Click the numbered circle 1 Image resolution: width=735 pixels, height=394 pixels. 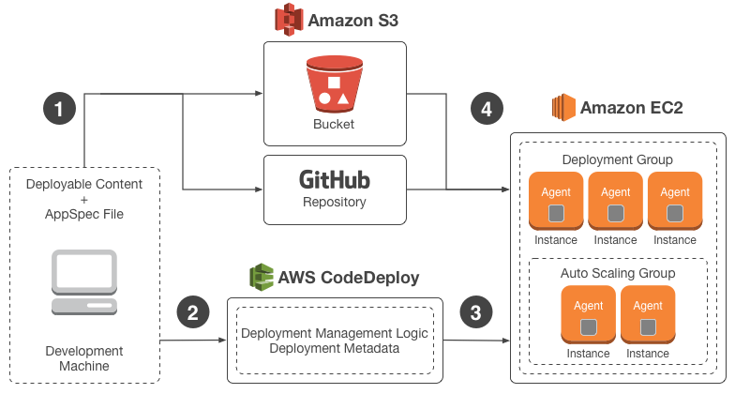59,109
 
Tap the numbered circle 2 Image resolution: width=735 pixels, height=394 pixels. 192,312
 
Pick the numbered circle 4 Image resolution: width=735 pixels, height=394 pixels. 486,109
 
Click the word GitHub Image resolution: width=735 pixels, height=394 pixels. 334,179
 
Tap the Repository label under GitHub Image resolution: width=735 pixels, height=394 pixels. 334,201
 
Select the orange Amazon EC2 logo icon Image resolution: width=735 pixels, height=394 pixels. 562,107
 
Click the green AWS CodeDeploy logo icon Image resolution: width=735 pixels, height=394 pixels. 262,278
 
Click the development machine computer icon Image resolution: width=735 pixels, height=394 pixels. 84,282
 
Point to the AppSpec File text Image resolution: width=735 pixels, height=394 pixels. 84,215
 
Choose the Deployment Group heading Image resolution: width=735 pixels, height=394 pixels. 616,159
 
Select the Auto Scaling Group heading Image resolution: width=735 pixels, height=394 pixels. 618,273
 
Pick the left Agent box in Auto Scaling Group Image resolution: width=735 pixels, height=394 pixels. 588,315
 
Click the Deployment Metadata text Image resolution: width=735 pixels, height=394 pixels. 334,349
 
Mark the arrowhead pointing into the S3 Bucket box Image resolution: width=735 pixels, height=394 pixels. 260,94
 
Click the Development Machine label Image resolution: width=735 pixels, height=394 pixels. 84,358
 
